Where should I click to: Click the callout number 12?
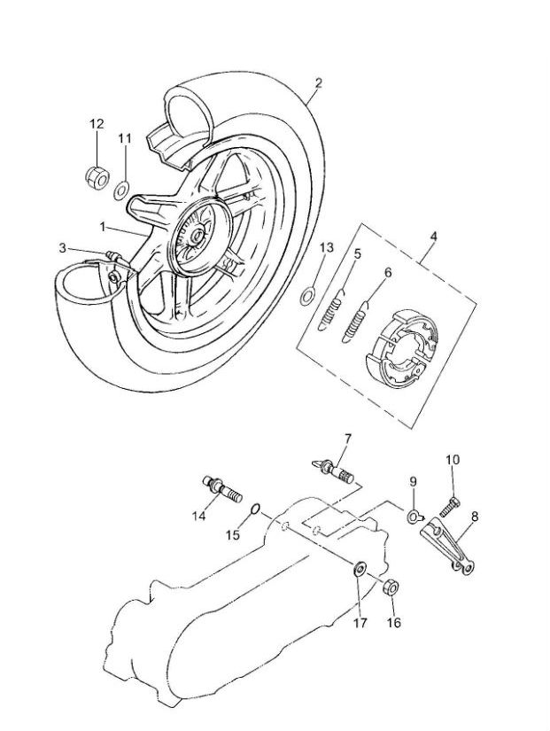pyautogui.click(x=97, y=125)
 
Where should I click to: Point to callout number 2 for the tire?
pyautogui.click(x=318, y=83)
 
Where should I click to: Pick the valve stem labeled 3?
pyautogui.click(x=113, y=259)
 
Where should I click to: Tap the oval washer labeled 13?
pyautogui.click(x=307, y=294)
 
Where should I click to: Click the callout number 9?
pyautogui.click(x=412, y=481)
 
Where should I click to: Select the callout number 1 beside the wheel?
pyautogui.click(x=103, y=227)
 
